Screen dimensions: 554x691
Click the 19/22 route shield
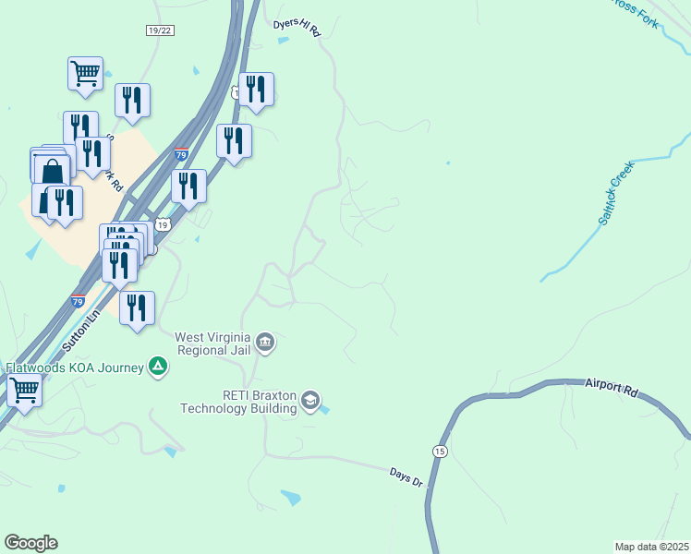[x=160, y=30]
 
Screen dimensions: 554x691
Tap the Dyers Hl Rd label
[x=297, y=27]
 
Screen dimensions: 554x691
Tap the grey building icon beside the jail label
[x=265, y=343]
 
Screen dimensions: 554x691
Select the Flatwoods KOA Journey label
[x=76, y=367]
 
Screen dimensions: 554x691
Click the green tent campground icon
[x=159, y=367]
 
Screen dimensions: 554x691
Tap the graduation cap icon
[x=310, y=401]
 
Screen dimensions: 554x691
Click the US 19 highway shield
[x=163, y=224]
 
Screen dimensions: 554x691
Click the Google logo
[x=30, y=543]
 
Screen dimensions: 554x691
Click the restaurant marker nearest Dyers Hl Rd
[x=256, y=89]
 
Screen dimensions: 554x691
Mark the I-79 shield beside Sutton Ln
[x=79, y=301]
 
